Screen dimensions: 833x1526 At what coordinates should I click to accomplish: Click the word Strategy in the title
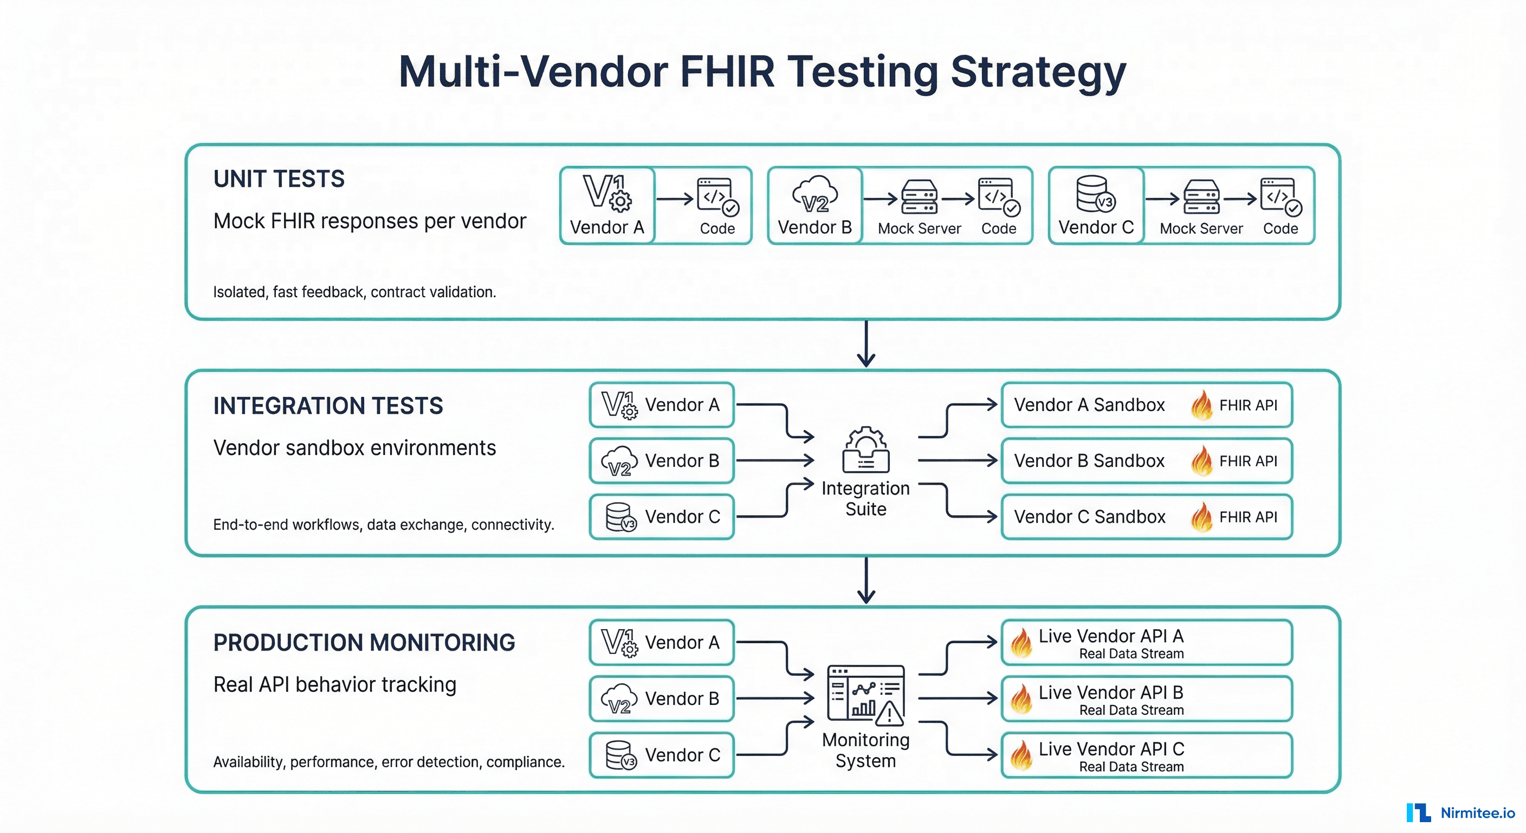(1038, 72)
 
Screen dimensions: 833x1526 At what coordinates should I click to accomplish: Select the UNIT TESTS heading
(279, 179)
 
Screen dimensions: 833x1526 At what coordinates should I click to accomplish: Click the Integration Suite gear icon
(865, 450)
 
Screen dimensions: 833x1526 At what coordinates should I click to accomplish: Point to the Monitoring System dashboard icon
(865, 695)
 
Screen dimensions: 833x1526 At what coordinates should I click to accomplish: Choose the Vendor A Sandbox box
(1146, 405)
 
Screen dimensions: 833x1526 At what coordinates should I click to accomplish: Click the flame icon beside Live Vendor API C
(1021, 755)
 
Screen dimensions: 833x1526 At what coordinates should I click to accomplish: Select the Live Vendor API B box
(1146, 699)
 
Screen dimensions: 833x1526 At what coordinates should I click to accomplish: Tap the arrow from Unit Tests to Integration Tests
(866, 344)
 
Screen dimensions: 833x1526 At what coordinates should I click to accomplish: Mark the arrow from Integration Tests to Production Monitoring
(866, 580)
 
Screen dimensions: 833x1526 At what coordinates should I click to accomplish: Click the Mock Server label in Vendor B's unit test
(919, 229)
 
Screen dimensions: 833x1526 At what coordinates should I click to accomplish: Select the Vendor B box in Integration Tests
(661, 460)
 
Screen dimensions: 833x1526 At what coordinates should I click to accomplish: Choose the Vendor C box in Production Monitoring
(661, 755)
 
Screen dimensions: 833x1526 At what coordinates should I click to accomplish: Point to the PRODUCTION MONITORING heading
(364, 643)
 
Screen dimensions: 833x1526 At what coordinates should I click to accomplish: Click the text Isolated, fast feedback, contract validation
(354, 292)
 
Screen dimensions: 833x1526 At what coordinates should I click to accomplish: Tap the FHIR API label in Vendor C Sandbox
(1247, 517)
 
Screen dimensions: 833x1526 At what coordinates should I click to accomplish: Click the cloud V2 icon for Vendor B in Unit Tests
(814, 195)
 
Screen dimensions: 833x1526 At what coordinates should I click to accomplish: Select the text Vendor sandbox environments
(354, 448)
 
